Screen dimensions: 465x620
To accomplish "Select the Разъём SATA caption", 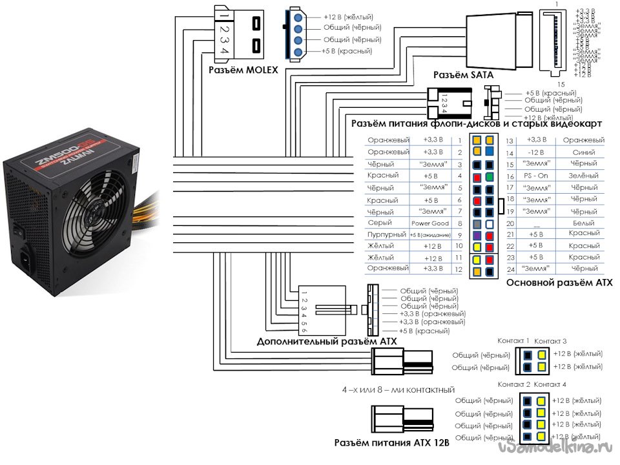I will click(463, 76).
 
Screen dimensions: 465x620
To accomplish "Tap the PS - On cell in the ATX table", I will click(535, 176).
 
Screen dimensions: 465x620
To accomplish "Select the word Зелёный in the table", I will click(584, 176).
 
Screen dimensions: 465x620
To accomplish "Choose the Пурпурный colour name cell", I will click(385, 235).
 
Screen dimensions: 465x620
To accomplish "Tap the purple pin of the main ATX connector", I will click(476, 235).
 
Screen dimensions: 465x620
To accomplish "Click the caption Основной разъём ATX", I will click(559, 282).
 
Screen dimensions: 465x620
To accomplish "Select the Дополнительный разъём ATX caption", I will click(326, 341).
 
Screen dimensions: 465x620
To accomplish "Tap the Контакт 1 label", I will click(513, 340).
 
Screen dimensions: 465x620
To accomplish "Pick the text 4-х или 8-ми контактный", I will click(398, 390).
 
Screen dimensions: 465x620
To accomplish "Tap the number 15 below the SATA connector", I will click(561, 85).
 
